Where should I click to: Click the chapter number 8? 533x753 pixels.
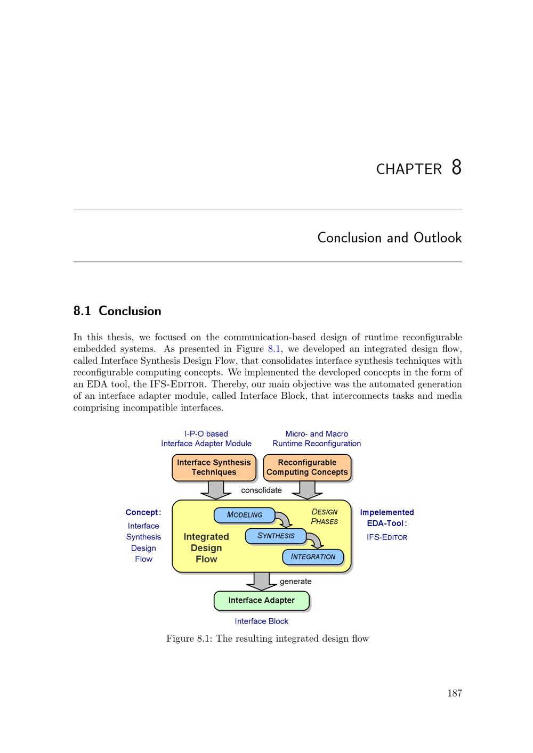pyautogui.click(x=456, y=167)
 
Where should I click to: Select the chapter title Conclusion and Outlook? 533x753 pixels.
pyautogui.click(x=389, y=238)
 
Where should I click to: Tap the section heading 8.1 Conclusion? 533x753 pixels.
pyautogui.click(x=117, y=311)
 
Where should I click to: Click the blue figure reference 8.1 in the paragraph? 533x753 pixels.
pyautogui.click(x=273, y=349)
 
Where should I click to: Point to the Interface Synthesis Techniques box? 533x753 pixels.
pyautogui.click(x=214, y=468)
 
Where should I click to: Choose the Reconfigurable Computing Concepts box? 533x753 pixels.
pyautogui.click(x=307, y=468)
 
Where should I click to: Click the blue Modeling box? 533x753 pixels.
pyautogui.click(x=244, y=515)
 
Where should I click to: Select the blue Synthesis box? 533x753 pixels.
pyautogui.click(x=276, y=536)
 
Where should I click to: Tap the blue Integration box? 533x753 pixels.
pyautogui.click(x=313, y=557)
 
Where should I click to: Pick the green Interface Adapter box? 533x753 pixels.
pyautogui.click(x=261, y=600)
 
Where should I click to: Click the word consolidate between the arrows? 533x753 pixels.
pyautogui.click(x=261, y=490)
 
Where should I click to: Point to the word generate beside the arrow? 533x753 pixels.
pyautogui.click(x=295, y=582)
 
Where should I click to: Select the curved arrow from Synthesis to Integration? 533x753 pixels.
pyautogui.click(x=316, y=541)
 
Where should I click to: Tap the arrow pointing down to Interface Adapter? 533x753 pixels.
pyautogui.click(x=261, y=582)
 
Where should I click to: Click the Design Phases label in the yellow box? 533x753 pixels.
pyautogui.click(x=325, y=517)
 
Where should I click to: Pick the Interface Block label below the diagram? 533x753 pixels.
pyautogui.click(x=261, y=621)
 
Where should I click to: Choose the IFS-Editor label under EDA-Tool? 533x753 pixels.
pyautogui.click(x=386, y=537)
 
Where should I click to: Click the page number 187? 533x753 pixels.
pyautogui.click(x=455, y=693)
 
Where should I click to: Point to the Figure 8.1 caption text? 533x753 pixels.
pyautogui.click(x=268, y=639)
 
